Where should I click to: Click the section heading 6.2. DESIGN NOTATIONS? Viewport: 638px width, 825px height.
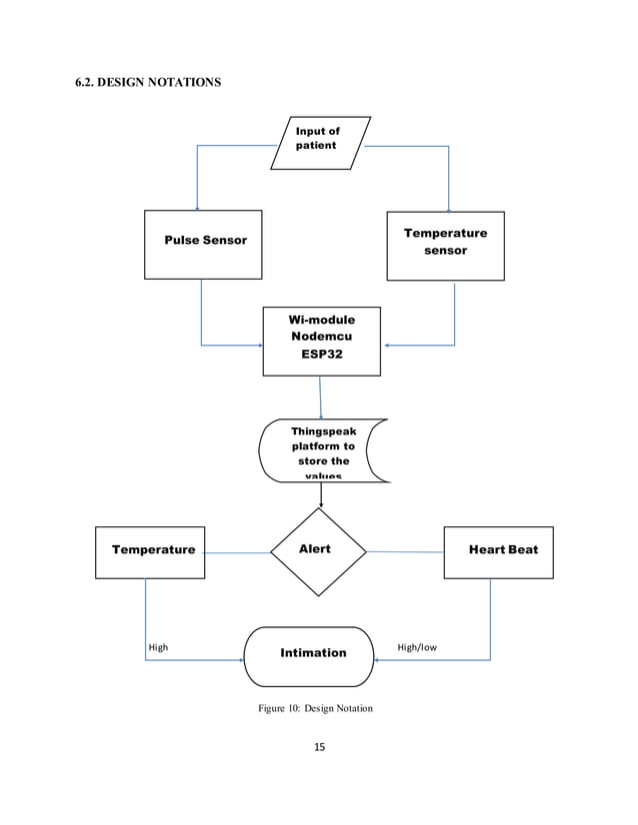[148, 82]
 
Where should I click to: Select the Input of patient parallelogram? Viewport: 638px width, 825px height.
[319, 142]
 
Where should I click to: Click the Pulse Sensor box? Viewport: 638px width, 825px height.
[203, 244]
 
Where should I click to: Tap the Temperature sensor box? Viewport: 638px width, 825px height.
[445, 245]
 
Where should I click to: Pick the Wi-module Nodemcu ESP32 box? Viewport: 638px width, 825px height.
[321, 341]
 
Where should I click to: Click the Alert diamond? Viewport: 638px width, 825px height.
[318, 550]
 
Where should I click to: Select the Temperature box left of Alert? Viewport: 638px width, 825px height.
[150, 552]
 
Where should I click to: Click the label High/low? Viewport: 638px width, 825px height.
[417, 647]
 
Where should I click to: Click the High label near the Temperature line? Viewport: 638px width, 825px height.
[158, 647]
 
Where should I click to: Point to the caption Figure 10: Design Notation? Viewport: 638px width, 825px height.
[315, 709]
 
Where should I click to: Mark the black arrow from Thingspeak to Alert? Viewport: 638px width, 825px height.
[321, 493]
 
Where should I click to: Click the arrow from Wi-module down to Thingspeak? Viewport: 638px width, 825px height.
[320, 397]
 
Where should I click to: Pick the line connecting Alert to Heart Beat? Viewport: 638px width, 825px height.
[405, 551]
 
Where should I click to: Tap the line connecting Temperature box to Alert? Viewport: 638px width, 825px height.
[237, 552]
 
